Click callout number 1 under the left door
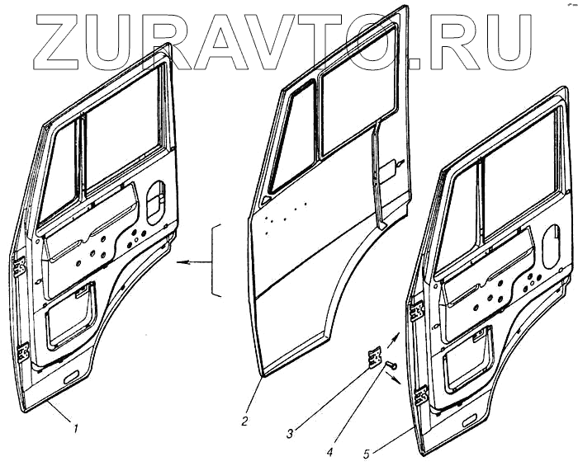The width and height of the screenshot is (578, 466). pos(75,428)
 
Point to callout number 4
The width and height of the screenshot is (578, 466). pos(329,452)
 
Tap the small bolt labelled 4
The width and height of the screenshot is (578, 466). pos(391,365)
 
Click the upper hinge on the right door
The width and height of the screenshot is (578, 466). pos(418,311)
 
